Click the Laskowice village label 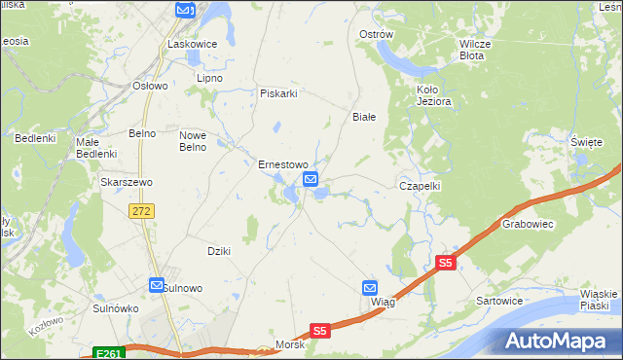[x=192, y=44]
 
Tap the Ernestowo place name [x=282, y=164]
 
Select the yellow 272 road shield [x=142, y=211]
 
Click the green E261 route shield [x=109, y=353]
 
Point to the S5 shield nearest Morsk [x=321, y=331]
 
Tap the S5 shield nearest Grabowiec [x=446, y=263]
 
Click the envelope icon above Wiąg [x=370, y=288]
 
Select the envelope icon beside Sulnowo [x=156, y=284]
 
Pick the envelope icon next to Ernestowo [x=311, y=179]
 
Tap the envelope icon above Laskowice [x=185, y=10]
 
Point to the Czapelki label [x=421, y=185]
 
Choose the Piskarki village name [x=277, y=93]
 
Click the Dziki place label [x=218, y=251]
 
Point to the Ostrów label [x=376, y=34]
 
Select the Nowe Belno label [x=193, y=141]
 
